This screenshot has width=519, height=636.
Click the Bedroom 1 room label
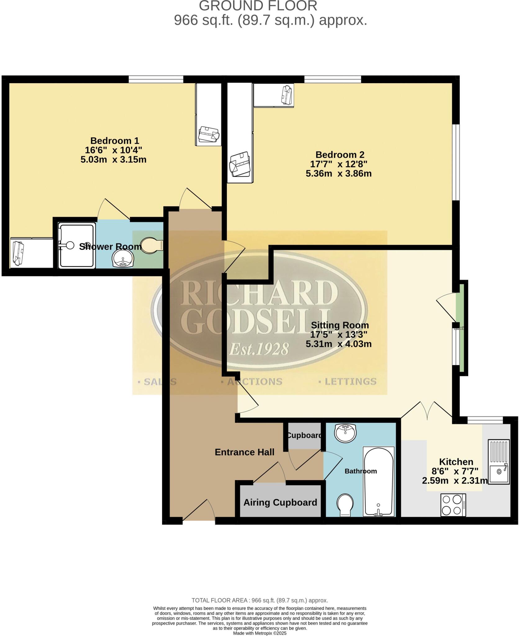[115, 140]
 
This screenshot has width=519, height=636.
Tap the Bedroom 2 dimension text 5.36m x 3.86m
[338, 174]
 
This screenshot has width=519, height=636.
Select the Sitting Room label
[340, 325]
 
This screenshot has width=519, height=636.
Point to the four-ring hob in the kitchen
[453, 505]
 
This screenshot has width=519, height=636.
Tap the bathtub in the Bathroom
[378, 481]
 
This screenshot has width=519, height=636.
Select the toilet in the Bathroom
[345, 504]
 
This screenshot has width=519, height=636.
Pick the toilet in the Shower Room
[151, 245]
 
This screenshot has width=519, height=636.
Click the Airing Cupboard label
[280, 502]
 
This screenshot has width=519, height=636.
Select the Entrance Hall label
[244, 452]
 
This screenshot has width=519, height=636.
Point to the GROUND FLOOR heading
[258, 6]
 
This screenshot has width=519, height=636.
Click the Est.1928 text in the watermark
[259, 349]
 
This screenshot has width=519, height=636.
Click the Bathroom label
[360, 471]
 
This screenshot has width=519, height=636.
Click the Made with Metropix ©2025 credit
[259, 633]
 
